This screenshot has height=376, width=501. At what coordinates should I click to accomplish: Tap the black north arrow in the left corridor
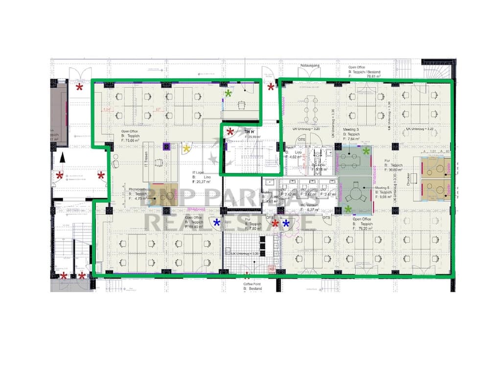pyautogui.click(x=62, y=157)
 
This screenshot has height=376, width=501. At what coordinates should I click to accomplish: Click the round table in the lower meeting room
pyautogui.click(x=354, y=194)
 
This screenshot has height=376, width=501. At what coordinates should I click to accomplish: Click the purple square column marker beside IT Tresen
pyautogui.click(x=166, y=146)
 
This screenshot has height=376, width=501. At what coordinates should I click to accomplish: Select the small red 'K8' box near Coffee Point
pyautogui.click(x=271, y=268)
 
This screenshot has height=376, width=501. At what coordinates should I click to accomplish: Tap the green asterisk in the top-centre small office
pyautogui.click(x=228, y=93)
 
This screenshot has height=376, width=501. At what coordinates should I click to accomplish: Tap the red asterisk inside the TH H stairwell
pyautogui.click(x=230, y=132)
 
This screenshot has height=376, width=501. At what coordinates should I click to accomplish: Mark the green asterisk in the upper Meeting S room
pyautogui.click(x=366, y=151)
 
